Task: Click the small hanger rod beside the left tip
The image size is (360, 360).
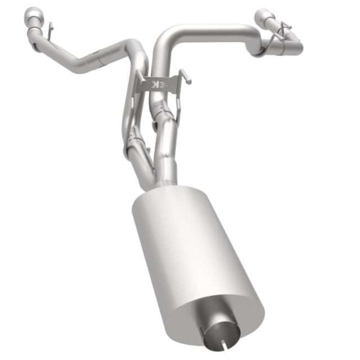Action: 50,28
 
